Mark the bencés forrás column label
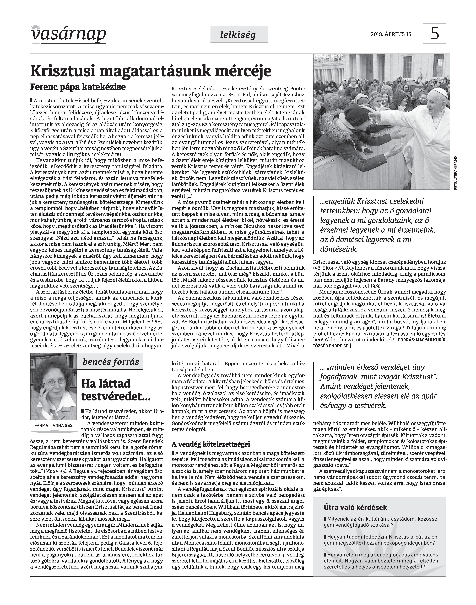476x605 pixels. (x=111, y=362)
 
